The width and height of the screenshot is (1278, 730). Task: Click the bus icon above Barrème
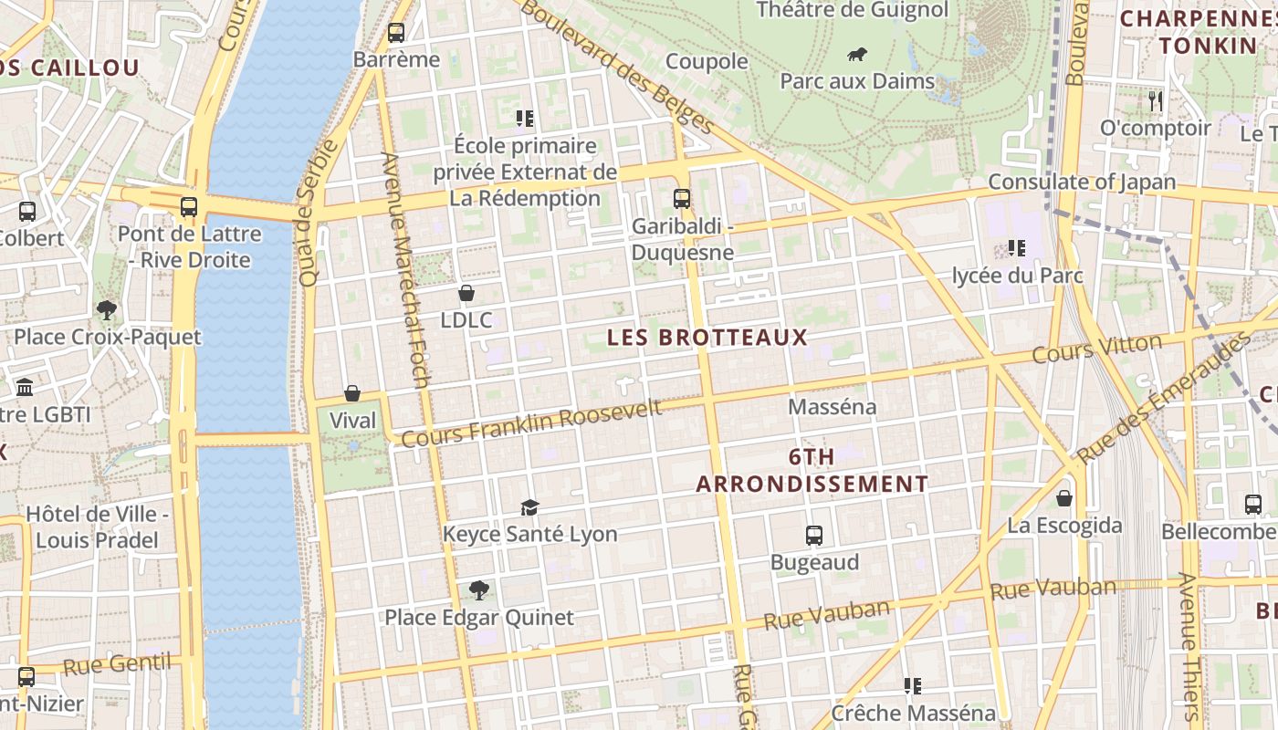pyautogui.click(x=396, y=33)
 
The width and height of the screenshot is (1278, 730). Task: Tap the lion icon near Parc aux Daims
pyautogui.click(x=857, y=55)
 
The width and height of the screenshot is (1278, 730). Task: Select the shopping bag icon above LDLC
pyautogui.click(x=466, y=293)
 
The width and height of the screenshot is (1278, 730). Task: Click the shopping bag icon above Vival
pyautogui.click(x=352, y=393)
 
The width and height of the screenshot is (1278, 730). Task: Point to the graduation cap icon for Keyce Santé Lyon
pyautogui.click(x=529, y=507)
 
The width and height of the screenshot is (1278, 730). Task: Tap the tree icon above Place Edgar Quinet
pyautogui.click(x=479, y=590)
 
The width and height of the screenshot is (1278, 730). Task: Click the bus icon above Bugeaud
pyautogui.click(x=814, y=536)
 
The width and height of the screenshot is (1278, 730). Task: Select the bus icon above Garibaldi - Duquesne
pyautogui.click(x=682, y=198)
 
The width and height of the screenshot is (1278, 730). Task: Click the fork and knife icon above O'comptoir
pyautogui.click(x=1156, y=100)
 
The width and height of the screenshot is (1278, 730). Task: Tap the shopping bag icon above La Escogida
pyautogui.click(x=1064, y=498)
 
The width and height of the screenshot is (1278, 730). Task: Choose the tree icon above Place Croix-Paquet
pyautogui.click(x=107, y=310)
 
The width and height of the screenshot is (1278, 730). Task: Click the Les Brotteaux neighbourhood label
pyautogui.click(x=707, y=338)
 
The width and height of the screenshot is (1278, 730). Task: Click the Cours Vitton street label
pyautogui.click(x=1096, y=349)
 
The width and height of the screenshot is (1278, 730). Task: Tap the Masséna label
pyautogui.click(x=832, y=407)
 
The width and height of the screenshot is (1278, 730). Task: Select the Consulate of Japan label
pyautogui.click(x=1082, y=182)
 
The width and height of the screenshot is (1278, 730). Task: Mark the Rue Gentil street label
pyautogui.click(x=117, y=663)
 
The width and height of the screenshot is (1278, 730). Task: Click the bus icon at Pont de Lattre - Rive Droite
pyautogui.click(x=189, y=207)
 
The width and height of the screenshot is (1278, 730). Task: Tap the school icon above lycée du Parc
pyautogui.click(x=1016, y=248)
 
